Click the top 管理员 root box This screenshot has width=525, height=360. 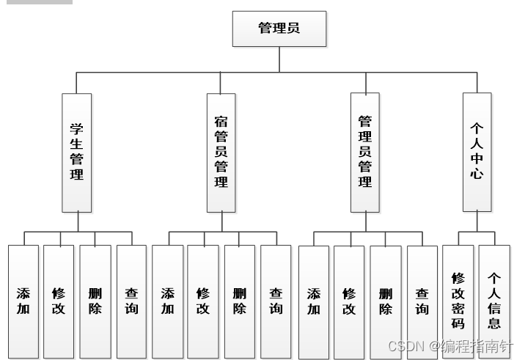[279, 29]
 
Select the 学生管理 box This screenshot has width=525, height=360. [77, 153]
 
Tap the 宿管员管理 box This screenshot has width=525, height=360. [221, 153]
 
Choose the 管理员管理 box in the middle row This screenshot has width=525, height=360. [365, 153]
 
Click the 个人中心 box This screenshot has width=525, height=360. [477, 153]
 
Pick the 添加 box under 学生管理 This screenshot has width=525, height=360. [23, 301]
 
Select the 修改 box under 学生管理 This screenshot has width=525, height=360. [59, 301]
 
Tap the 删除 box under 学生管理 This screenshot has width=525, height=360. [95, 301]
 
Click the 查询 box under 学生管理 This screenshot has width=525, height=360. [131, 301]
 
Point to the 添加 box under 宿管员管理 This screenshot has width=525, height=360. [167, 301]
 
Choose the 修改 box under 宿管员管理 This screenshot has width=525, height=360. [203, 301]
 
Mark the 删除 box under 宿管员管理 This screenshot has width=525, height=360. [239, 301]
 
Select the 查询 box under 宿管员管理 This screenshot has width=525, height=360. [276, 301]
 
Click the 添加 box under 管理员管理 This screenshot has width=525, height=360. [314, 301]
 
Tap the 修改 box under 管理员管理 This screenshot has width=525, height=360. [349, 301]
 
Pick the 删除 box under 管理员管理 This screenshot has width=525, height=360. [386, 301]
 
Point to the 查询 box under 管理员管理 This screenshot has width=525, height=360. [422, 301]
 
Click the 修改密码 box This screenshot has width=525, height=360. [458, 301]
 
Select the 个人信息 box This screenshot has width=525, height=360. [494, 301]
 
